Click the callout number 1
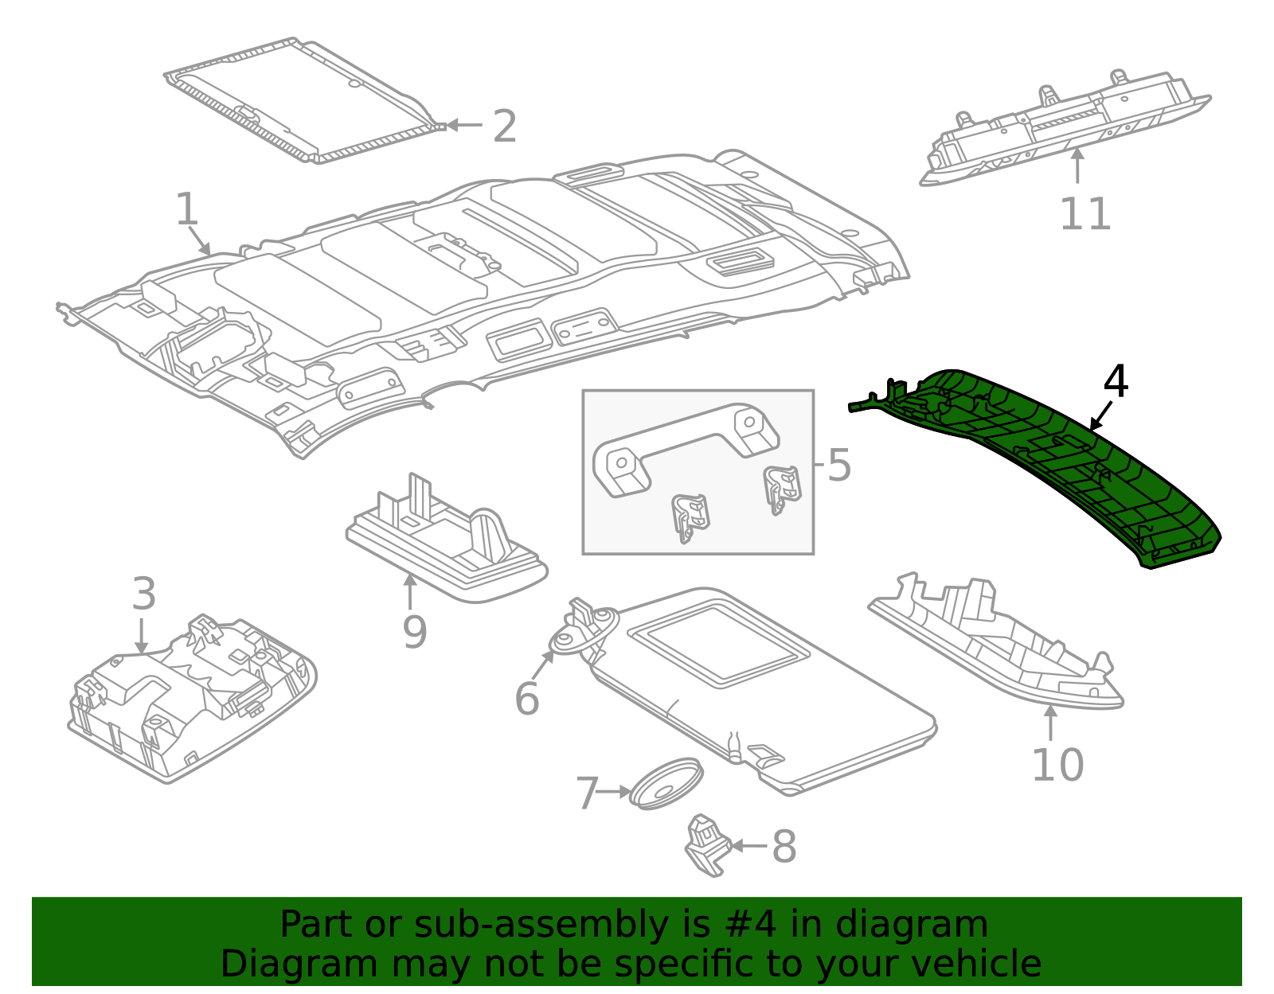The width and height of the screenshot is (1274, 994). point(186,209)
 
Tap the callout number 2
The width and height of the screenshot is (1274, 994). point(505,127)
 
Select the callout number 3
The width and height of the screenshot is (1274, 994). point(143,594)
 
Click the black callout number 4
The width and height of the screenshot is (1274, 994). point(1116,382)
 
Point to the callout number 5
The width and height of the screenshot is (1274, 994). point(839,465)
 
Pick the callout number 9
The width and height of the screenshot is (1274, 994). point(414,632)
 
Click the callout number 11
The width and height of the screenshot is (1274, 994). point(1084,213)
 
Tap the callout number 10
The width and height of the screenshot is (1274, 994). point(1057,764)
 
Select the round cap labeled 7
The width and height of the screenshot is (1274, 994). point(666,784)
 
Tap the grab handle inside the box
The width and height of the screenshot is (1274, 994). point(685,446)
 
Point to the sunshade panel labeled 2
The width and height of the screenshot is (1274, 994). point(303,99)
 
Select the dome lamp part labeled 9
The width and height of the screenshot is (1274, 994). point(446,549)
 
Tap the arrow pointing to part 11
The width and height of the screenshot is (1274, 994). point(1077,167)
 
